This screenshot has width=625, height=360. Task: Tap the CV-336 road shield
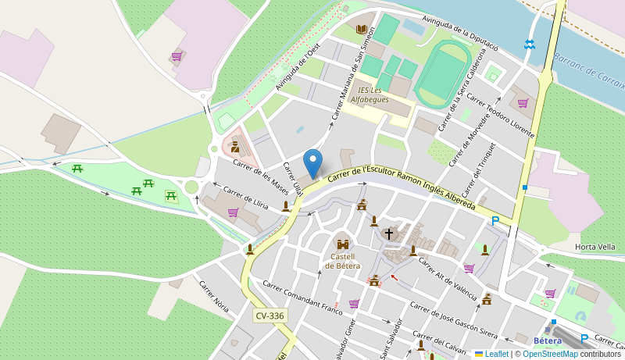coord(270,315)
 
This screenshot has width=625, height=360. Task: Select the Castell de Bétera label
coord(342,261)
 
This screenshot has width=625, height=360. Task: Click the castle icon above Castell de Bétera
coord(342,244)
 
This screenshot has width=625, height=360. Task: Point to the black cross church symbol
coord(388,233)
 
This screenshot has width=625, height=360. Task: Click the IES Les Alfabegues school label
coord(370,94)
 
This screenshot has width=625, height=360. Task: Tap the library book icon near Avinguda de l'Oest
coord(361,30)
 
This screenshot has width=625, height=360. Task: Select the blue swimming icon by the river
coord(530,45)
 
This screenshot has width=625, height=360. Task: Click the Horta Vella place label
coord(595,247)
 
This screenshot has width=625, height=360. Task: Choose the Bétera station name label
coord(548,340)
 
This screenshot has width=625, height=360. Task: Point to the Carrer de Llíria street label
coord(245,198)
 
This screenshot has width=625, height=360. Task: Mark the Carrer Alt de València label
coord(447,279)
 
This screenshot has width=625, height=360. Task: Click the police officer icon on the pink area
coord(234,146)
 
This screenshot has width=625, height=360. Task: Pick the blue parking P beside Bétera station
coord(584,339)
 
